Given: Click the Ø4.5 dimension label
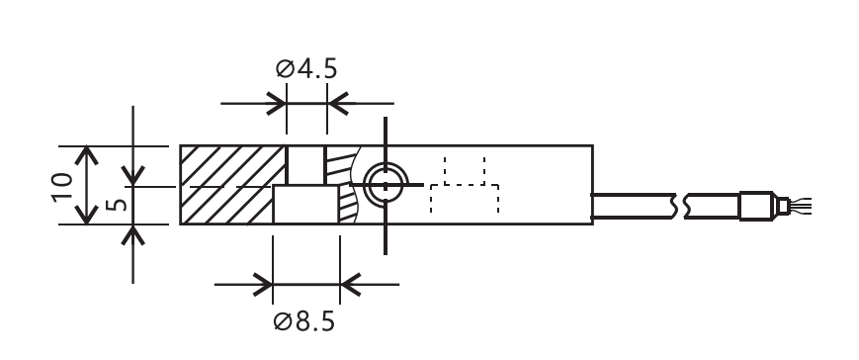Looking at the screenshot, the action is [306, 69].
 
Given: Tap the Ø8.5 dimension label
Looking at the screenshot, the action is [303, 321].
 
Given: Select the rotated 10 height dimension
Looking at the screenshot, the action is [62, 186].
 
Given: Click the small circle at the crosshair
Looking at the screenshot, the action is [386, 185].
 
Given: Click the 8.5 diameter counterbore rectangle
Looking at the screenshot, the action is [305, 205].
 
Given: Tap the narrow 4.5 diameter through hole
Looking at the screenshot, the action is [306, 165].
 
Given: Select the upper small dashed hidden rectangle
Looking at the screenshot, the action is [465, 171].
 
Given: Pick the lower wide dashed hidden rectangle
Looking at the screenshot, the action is [465, 199].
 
